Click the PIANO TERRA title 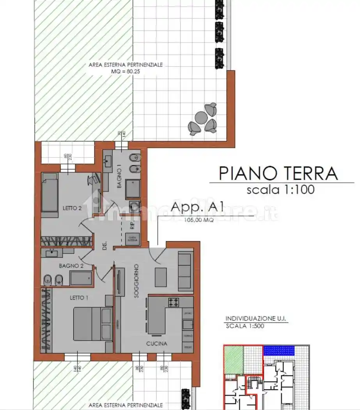[x=278, y=173]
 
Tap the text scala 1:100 [x=280, y=190]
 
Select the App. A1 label [x=198, y=207]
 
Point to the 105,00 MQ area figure [x=199, y=220]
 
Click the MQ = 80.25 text [x=125, y=71]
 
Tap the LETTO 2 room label [x=72, y=208]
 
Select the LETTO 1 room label [x=79, y=298]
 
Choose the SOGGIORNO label [x=136, y=281]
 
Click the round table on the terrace [x=200, y=118]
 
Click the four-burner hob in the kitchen [x=174, y=302]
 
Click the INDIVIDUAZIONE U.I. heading [x=256, y=319]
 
